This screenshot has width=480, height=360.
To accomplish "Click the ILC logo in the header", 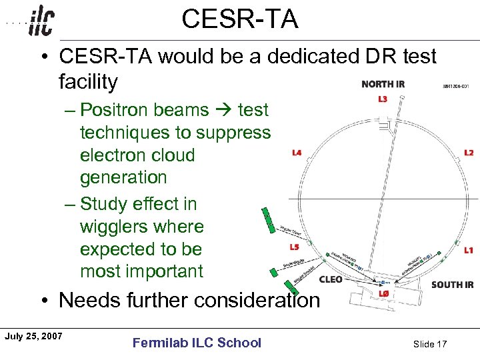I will pyautogui.click(x=41, y=22).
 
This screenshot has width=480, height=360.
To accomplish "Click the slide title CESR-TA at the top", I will pyautogui.click(x=239, y=19).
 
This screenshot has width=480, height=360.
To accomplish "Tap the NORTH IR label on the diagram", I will pyautogui.click(x=383, y=84).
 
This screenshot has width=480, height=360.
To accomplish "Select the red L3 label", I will pyautogui.click(x=382, y=100).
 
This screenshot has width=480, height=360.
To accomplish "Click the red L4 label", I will pyautogui.click(x=297, y=153).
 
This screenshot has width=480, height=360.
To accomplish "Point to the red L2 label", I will pyautogui.click(x=469, y=153).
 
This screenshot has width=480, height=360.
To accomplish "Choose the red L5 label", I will pyautogui.click(x=294, y=247).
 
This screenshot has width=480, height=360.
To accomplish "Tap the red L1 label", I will pyautogui.click(x=469, y=250).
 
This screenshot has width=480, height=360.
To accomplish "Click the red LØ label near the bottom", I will pyautogui.click(x=383, y=293).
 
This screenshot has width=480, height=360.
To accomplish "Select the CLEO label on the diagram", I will pyautogui.click(x=331, y=279).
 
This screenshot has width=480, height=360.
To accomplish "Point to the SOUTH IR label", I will pyautogui.click(x=452, y=285).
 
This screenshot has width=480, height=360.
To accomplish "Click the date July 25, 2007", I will pyautogui.click(x=33, y=335).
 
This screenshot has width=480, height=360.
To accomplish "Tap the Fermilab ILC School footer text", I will pyautogui.click(x=197, y=343).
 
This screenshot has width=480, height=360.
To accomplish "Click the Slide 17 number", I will pyautogui.click(x=430, y=343).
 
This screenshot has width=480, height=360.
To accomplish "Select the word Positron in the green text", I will pyautogui.click(x=115, y=110).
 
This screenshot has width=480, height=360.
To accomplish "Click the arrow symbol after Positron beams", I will pyautogui.click(x=225, y=110).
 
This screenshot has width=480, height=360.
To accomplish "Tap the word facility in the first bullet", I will pyautogui.click(x=88, y=83).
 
